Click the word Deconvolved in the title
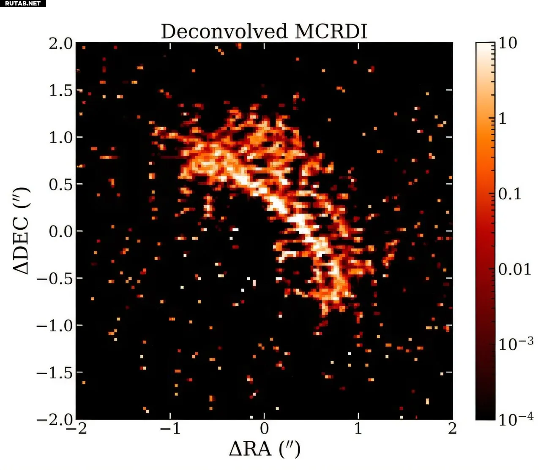[224, 31]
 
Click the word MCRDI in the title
[331, 31]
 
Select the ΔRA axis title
[265, 448]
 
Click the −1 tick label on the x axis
[170, 429]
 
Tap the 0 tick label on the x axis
[265, 429]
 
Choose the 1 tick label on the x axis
[358, 429]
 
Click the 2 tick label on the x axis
[453, 429]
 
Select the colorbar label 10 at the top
[508, 43]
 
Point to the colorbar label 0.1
[510, 194]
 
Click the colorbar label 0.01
[514, 269]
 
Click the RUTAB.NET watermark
[23, 3]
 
